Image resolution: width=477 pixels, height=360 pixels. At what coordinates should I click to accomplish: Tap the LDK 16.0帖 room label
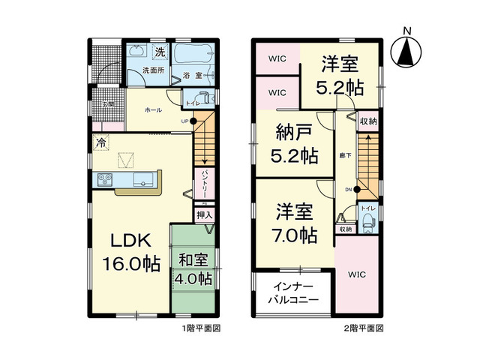pyautogui.click(x=132, y=252)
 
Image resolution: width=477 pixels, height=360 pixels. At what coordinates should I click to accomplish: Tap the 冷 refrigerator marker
pyautogui.click(x=100, y=140)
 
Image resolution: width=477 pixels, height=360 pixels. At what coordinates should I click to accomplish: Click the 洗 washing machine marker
pyautogui.click(x=159, y=52)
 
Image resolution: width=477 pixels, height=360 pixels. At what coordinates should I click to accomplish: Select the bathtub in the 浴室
pyautogui.click(x=193, y=56)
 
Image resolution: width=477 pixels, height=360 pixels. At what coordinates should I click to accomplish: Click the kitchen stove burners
pyautogui.click(x=104, y=179)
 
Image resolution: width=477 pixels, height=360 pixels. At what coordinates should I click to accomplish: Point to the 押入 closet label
pyautogui.click(x=204, y=215)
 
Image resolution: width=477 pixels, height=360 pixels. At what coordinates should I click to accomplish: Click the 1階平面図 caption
pyautogui.click(x=200, y=328)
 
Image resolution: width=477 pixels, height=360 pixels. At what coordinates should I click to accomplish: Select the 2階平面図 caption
pyautogui.click(x=364, y=328)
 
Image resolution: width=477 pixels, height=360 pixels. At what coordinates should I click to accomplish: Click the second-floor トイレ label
pyautogui.click(x=367, y=207)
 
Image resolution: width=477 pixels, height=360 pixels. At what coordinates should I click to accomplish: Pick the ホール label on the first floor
pyautogui.click(x=153, y=109)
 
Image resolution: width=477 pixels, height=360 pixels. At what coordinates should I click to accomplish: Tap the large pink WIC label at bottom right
pyautogui.click(x=357, y=274)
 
